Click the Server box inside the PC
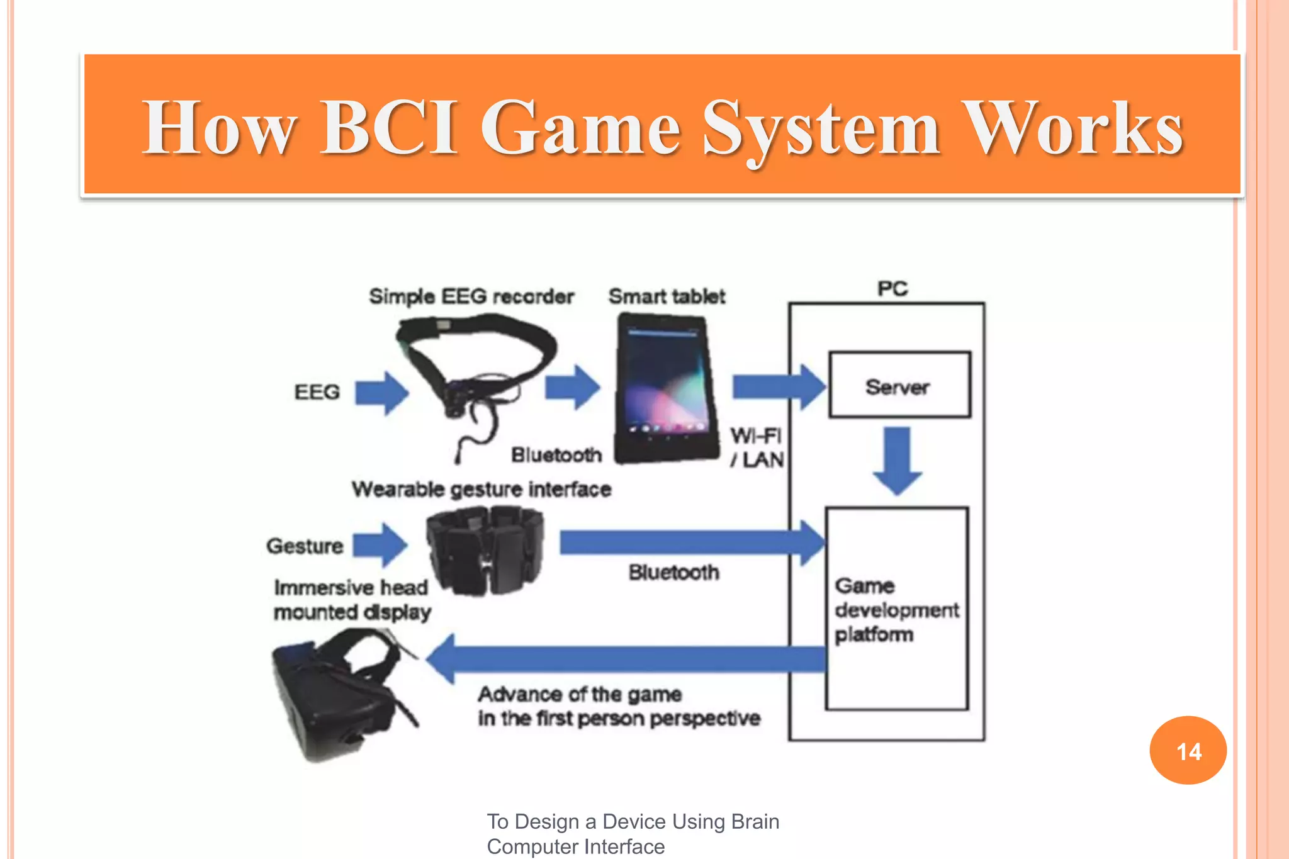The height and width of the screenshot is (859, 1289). (899, 385)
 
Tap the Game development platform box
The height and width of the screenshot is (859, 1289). (897, 609)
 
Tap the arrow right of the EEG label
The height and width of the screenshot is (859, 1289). (381, 393)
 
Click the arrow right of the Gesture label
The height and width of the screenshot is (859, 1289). (380, 544)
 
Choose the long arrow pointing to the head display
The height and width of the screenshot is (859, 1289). (626, 659)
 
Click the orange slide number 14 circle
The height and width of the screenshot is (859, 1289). (1188, 750)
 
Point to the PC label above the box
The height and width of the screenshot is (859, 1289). (892, 289)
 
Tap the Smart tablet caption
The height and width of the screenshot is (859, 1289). (667, 296)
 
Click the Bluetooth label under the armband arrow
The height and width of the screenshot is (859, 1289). (673, 573)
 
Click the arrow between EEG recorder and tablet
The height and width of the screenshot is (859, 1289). (572, 386)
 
